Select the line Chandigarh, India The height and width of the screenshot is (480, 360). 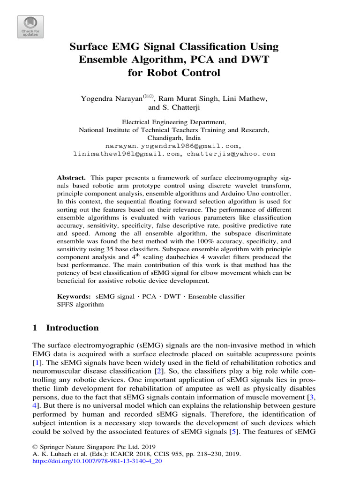coord(174,138)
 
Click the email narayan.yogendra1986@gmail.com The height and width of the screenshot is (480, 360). coord(173,146)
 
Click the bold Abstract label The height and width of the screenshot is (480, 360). coord(71,179)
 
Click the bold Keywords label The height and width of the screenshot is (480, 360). coord(74,297)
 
